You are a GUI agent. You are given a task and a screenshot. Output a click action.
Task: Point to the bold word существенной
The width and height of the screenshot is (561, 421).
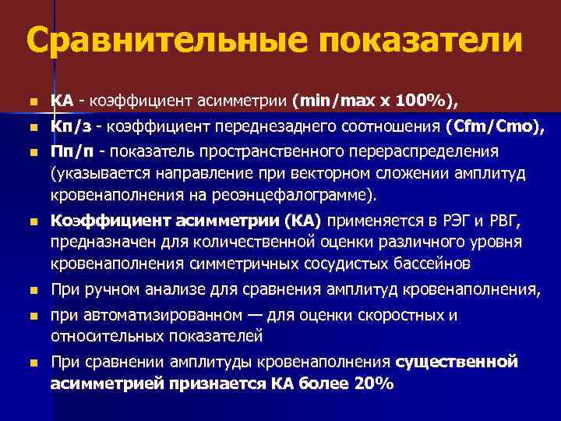[x=457, y=363]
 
